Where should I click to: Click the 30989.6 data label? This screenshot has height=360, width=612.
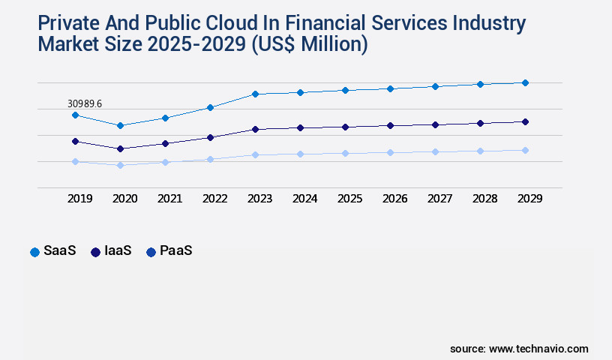pyautogui.click(x=85, y=103)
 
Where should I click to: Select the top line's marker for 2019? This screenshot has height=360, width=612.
pyautogui.click(x=75, y=115)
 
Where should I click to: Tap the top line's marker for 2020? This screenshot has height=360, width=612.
pyautogui.click(x=120, y=125)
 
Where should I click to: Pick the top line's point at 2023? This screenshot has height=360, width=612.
pyautogui.click(x=255, y=94)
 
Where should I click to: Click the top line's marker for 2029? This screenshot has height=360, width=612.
pyautogui.click(x=525, y=82)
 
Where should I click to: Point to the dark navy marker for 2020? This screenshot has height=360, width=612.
pyautogui.click(x=120, y=148)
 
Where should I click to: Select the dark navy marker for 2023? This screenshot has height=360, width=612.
pyautogui.click(x=255, y=129)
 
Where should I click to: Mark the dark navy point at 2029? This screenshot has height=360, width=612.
pyautogui.click(x=525, y=121)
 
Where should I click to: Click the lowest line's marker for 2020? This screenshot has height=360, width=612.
pyautogui.click(x=120, y=165)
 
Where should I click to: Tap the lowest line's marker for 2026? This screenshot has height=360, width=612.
pyautogui.click(x=390, y=152)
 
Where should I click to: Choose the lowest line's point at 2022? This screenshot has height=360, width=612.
pyautogui.click(x=210, y=159)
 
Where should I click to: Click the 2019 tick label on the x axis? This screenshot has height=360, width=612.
pyautogui.click(x=79, y=199)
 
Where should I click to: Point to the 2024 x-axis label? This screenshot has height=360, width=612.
pyautogui.click(x=304, y=199)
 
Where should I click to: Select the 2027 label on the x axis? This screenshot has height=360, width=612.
pyautogui.click(x=439, y=199)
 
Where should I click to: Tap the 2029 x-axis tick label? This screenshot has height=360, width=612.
pyautogui.click(x=529, y=199)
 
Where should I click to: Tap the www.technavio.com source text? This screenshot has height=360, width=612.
pyautogui.click(x=538, y=349)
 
